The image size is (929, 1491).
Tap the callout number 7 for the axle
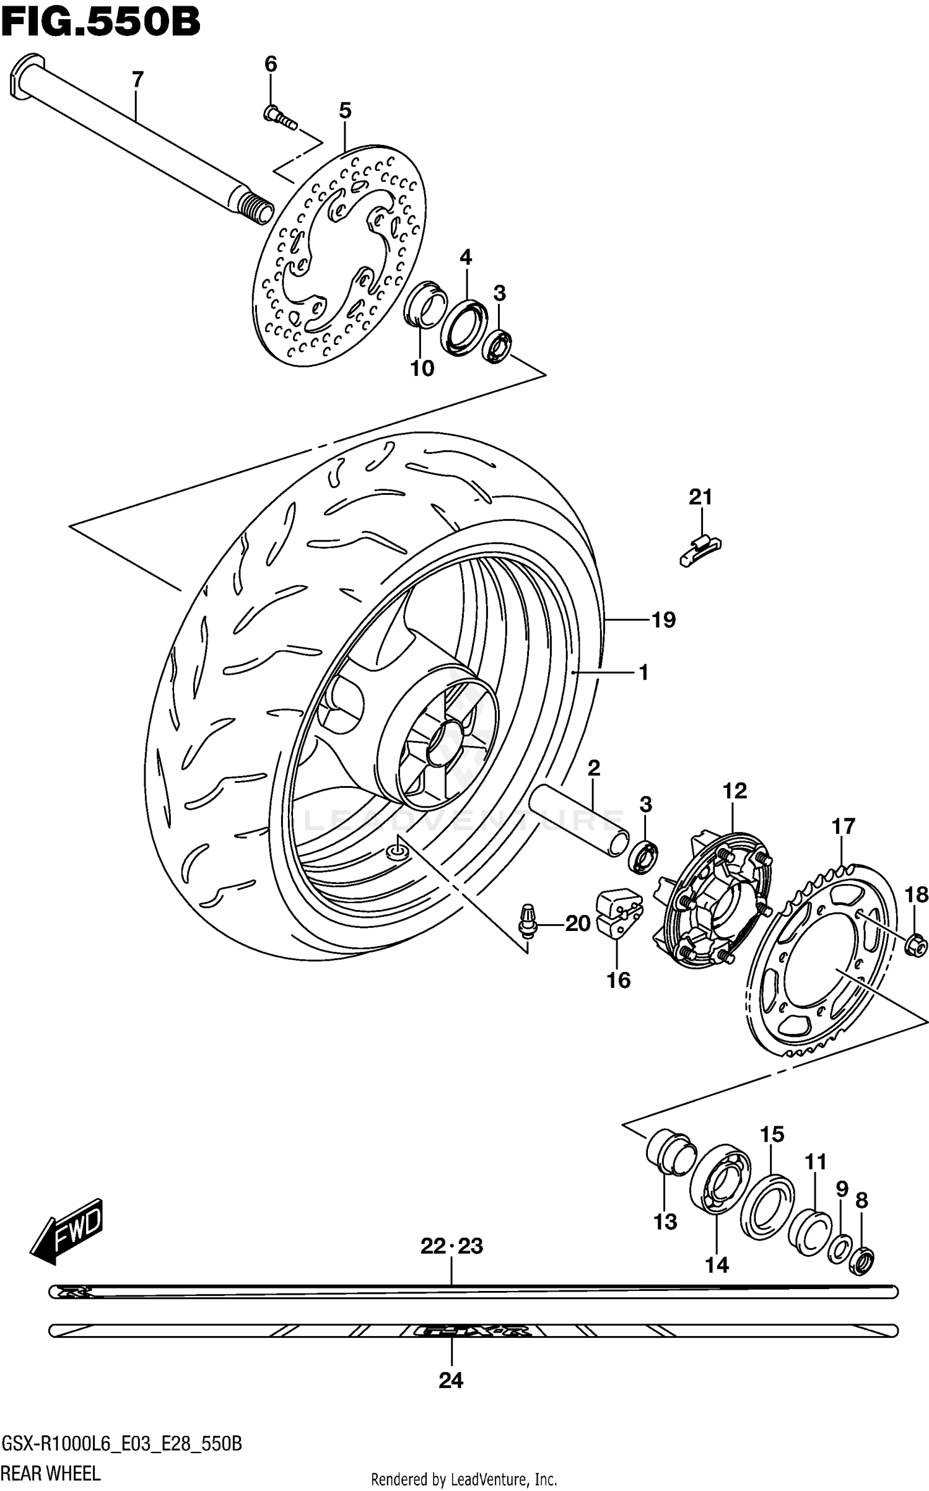point(137,80)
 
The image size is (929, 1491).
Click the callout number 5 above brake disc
point(345,111)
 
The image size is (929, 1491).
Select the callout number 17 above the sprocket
point(844,826)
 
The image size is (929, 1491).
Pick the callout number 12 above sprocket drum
point(735,791)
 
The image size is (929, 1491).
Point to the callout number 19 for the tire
point(663,619)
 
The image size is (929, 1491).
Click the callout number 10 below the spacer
point(422,369)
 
